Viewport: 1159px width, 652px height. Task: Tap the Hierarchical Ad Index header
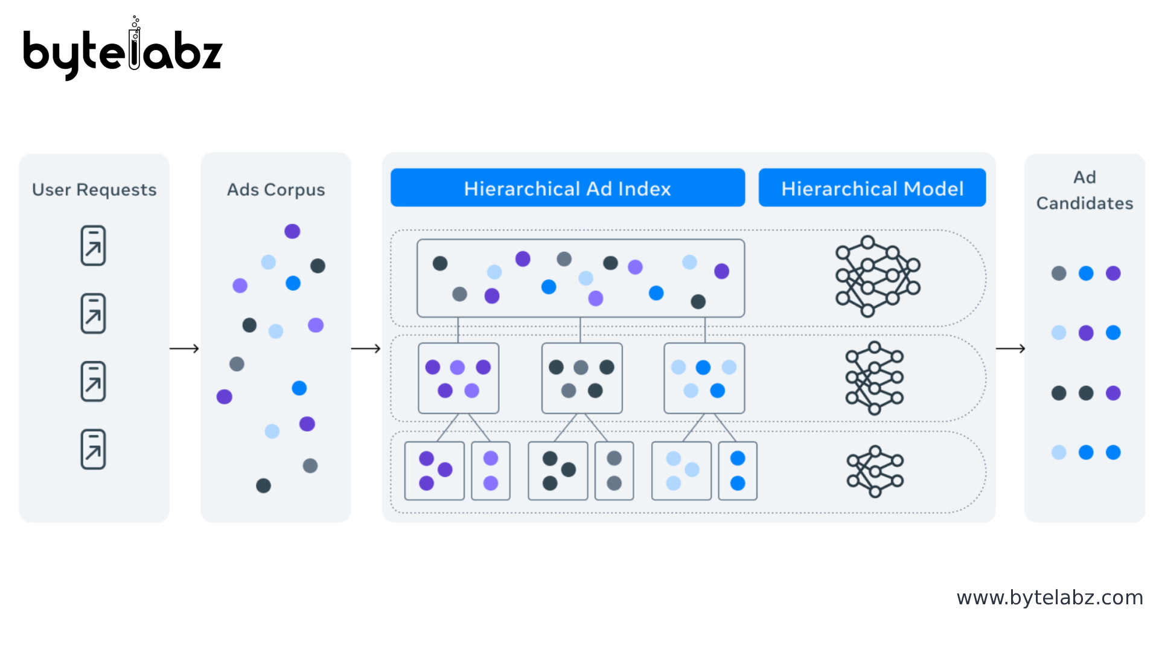pos(567,188)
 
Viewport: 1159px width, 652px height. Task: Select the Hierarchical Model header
pos(872,188)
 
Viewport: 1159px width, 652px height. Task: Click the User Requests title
pos(94,190)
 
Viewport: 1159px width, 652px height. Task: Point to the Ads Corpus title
pos(276,190)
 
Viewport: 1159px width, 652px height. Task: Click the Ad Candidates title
pos(1084,190)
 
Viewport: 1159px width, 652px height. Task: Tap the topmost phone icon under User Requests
pos(93,245)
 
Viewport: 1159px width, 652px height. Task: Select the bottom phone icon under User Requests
pos(93,449)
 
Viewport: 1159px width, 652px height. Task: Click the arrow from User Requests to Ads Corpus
pos(184,348)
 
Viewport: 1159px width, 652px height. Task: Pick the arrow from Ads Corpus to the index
pos(366,348)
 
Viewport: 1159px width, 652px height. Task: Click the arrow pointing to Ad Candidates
pos(1010,348)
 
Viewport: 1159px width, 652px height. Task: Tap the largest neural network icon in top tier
pos(877,276)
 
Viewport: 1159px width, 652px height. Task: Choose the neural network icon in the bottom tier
pos(875,471)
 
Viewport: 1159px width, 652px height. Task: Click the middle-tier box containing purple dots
pos(458,378)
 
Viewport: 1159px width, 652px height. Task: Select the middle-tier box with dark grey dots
pos(582,378)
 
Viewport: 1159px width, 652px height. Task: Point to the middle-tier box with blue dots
pos(704,378)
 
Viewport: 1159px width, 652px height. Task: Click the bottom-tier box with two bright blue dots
pos(738,471)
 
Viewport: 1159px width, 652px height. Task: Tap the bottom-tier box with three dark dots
pos(558,471)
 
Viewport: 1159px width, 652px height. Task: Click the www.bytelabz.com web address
pos(1050,598)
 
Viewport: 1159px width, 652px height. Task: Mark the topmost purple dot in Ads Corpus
pos(292,231)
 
